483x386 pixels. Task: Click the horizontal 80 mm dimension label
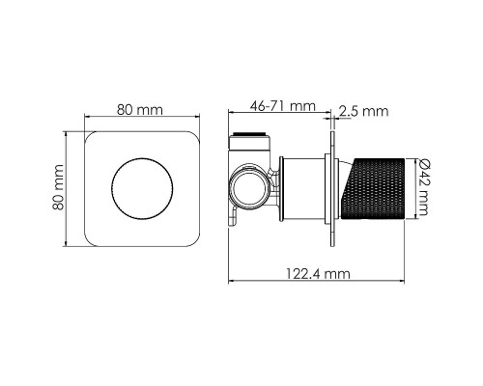(140, 110)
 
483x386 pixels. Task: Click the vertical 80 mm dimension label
(58, 187)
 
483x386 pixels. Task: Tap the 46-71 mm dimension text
(283, 106)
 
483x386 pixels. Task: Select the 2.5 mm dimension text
(363, 111)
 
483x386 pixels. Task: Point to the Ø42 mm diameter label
(422, 188)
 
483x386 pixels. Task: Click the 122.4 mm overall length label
(318, 274)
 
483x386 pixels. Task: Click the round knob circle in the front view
(142, 189)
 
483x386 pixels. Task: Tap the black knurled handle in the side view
(374, 188)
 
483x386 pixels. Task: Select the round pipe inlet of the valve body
(247, 189)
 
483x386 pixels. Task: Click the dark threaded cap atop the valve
(249, 134)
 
